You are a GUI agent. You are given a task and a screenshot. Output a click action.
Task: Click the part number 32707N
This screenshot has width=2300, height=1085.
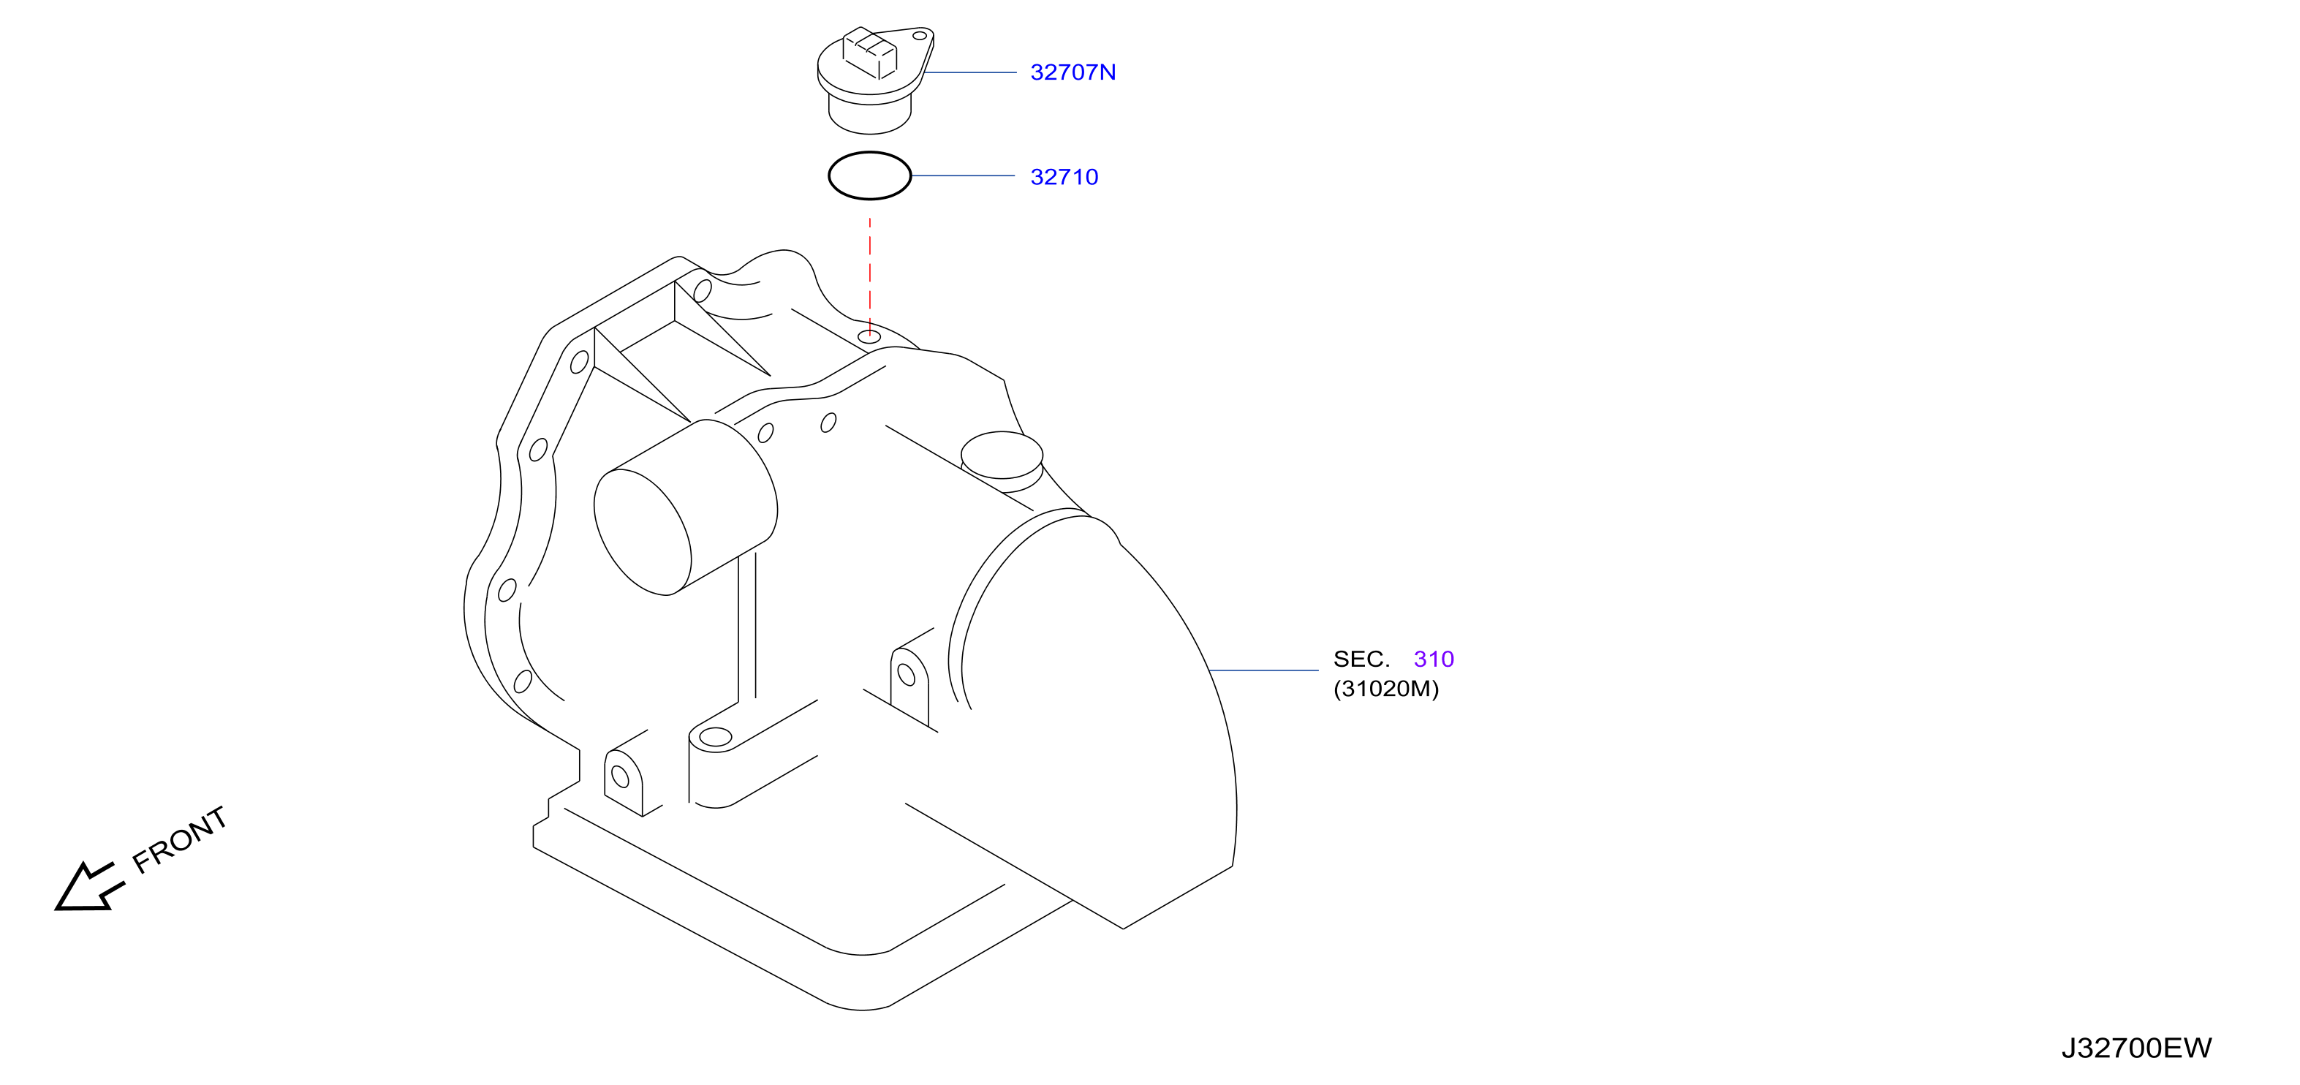click(1073, 72)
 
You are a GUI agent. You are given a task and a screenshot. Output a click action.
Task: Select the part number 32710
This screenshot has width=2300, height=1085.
click(1064, 177)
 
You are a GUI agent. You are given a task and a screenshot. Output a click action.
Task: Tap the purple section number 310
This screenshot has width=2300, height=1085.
click(1434, 659)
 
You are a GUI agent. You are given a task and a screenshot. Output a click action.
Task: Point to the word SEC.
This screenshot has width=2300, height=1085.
click(1361, 659)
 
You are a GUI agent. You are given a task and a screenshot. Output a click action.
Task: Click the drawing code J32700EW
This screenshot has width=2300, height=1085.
click(2137, 1048)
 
